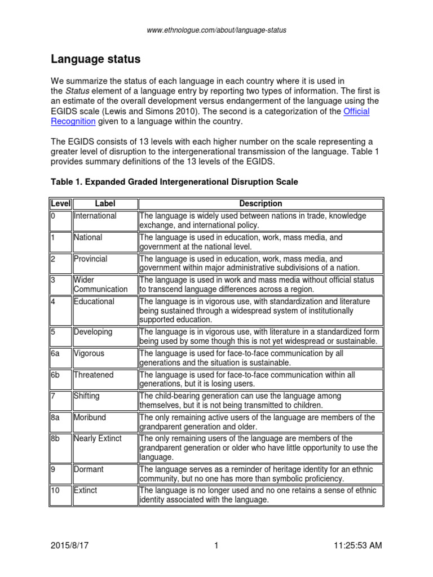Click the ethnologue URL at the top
pos(216,30)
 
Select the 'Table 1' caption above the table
pos(174,182)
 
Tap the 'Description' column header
pos(260,203)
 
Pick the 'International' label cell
pos(95,216)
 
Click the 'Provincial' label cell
pos(90,259)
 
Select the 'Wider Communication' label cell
pos(100,285)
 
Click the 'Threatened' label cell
pos(94,375)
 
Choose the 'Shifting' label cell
pos(87,396)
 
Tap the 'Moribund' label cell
pos(90,418)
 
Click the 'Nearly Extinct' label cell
pos(98,438)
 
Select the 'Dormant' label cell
pos(89,469)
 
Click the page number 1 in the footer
pos(216,545)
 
